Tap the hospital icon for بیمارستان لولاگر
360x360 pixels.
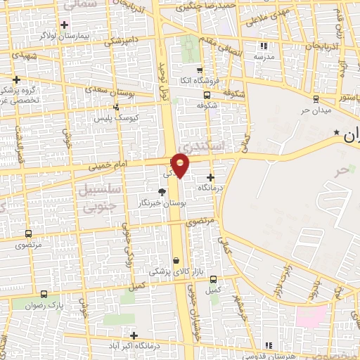coord(64,25)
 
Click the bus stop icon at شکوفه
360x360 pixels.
coord(207,96)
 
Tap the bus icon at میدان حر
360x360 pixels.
coord(316,98)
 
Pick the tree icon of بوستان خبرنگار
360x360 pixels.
coord(162,191)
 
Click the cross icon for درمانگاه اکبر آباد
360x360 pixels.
coord(134,335)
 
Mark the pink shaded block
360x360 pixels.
coord(311,316)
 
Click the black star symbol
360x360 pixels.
coord(337,132)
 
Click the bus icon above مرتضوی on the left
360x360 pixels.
coord(28,233)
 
